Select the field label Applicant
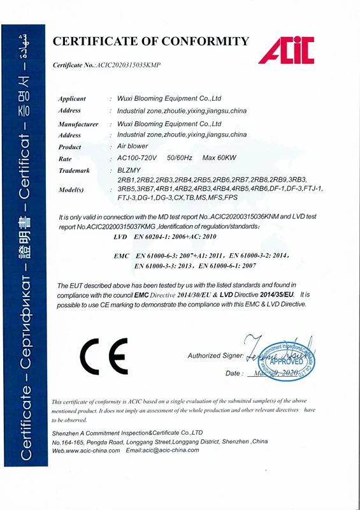coord(72,99)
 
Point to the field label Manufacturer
coord(78,124)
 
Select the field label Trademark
coord(74,171)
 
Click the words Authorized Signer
coord(215,355)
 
